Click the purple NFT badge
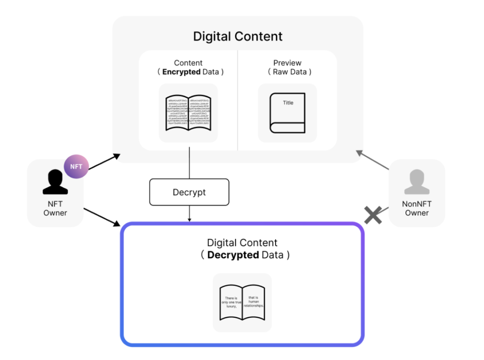[x=76, y=167]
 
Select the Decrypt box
[x=189, y=192]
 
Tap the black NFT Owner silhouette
[x=55, y=182]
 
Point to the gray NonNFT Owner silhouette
[x=416, y=182]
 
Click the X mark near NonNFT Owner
[x=373, y=215]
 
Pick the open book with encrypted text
[x=188, y=113]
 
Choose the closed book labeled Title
[x=287, y=113]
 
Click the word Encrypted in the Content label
[x=181, y=72]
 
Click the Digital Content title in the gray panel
[x=238, y=36]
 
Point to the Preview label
[x=287, y=63]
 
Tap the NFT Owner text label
[x=55, y=208]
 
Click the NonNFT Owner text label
[x=416, y=208]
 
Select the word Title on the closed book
[x=288, y=103]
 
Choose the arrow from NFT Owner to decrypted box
[x=101, y=217]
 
